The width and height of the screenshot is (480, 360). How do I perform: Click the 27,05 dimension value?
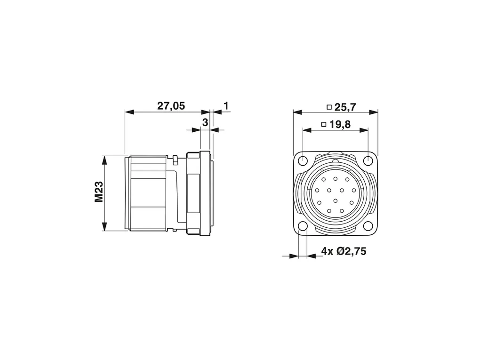coord(171,106)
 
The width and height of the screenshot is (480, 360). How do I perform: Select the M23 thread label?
coord(98,192)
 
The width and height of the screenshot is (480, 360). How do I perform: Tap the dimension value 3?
coord(205,122)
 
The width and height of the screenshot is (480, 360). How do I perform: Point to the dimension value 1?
coord(226,106)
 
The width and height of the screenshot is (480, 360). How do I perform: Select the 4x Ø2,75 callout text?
coord(344,251)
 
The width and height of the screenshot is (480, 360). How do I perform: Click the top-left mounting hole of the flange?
coord(304,160)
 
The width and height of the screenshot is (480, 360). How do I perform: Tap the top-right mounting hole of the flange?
coord(368,160)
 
